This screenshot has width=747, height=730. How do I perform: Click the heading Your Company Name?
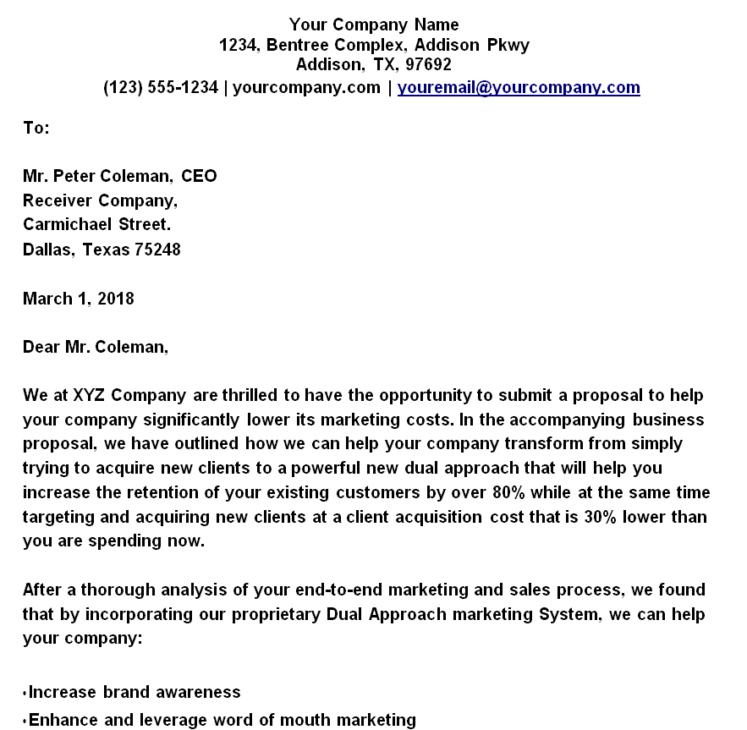(374, 24)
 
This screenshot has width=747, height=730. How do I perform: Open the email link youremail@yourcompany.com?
(519, 87)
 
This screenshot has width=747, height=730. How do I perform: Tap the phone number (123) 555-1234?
(161, 87)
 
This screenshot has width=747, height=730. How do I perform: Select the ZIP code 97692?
(430, 65)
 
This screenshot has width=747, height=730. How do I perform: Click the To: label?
(36, 128)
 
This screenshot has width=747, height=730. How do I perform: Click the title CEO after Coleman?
(199, 176)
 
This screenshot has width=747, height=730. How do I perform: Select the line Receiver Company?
(100, 200)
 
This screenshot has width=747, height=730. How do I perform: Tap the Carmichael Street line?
(96, 225)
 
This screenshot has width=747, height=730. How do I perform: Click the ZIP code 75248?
(157, 250)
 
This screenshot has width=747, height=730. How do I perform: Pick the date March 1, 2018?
(79, 299)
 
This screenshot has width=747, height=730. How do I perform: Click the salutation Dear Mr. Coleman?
(96, 348)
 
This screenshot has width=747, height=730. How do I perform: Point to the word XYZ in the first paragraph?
(89, 396)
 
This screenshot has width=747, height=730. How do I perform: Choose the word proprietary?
(272, 614)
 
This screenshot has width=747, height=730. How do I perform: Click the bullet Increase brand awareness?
(135, 692)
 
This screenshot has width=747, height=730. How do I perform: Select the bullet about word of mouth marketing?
(222, 720)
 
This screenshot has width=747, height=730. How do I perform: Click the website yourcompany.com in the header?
(306, 87)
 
